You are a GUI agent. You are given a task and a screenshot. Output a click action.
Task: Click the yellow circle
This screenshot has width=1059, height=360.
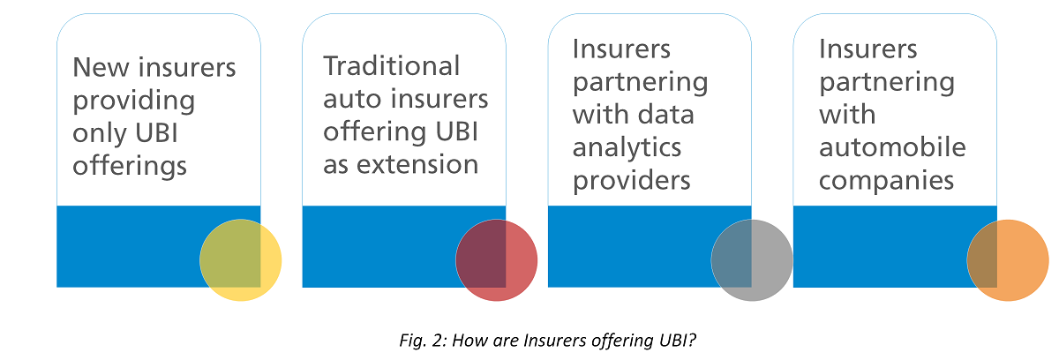coord(240,259)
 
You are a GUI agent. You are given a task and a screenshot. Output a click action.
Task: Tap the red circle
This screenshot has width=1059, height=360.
coord(496,259)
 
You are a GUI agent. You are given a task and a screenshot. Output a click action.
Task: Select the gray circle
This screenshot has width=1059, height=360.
coord(752,259)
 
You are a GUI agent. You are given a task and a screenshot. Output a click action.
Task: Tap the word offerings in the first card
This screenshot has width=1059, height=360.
coord(130,165)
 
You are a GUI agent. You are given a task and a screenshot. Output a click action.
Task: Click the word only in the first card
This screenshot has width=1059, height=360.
coord(98,132)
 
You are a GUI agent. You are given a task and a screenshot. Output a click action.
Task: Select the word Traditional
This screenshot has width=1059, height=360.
coord(391,66)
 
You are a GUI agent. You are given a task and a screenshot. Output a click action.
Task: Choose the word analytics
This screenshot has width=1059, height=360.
coord(627,147)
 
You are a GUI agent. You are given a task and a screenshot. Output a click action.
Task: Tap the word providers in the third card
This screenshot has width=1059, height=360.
coord(631,180)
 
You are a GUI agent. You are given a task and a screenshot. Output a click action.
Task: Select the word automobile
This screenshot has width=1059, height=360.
coord(891,147)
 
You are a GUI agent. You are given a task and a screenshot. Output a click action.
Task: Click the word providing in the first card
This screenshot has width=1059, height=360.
coord(133,100)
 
